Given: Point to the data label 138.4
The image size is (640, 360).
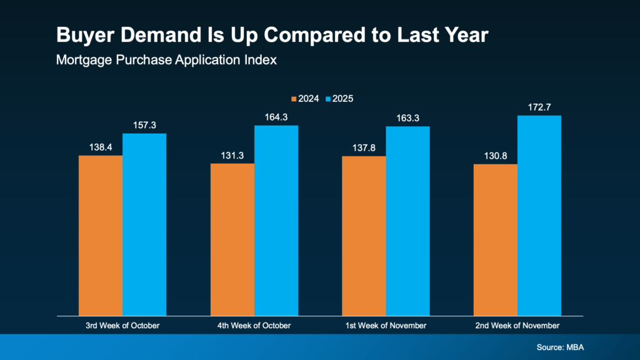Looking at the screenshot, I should tap(100, 147).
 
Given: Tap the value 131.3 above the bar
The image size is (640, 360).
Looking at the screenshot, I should tap(232, 156).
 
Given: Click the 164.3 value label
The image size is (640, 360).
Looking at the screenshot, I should tap(276, 117).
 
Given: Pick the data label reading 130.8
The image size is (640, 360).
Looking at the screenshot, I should tap(496, 156).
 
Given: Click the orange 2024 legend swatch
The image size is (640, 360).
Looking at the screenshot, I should tap(293, 99).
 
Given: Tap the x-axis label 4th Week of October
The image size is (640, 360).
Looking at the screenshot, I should tap(254, 326).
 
